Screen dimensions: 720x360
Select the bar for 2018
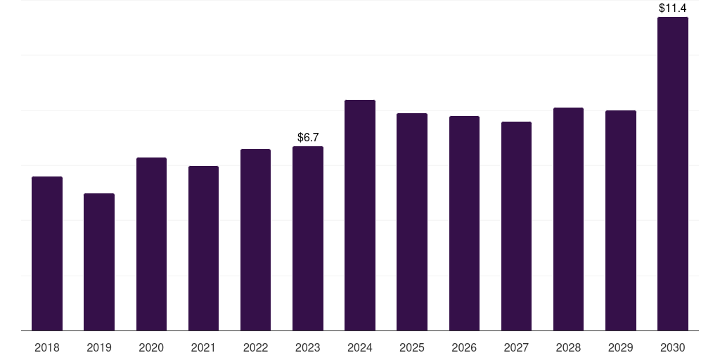pos(47,253)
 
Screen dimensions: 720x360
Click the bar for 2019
pos(99,262)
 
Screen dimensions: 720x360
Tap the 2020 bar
pos(152,244)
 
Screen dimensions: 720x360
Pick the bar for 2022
pos(255,240)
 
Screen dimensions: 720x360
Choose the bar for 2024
pos(360,215)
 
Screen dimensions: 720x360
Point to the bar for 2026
pos(464,224)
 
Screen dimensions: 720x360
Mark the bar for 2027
pos(516,226)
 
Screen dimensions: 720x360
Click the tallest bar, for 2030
pos(673,174)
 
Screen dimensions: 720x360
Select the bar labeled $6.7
pos(308,239)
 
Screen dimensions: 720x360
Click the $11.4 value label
pos(673,8)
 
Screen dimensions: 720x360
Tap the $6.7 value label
pos(308,137)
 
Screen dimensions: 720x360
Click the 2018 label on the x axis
pos(47,347)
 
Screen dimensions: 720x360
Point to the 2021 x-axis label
pos(203,347)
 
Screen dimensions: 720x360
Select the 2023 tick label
pos(308,347)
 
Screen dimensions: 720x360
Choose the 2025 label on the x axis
pos(412,347)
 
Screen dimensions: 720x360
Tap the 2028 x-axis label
pos(568,347)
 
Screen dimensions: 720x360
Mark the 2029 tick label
pos(620,347)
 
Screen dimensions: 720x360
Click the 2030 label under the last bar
pos(673,347)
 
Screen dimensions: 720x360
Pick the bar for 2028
pos(568,219)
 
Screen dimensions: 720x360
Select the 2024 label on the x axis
pos(360,347)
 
